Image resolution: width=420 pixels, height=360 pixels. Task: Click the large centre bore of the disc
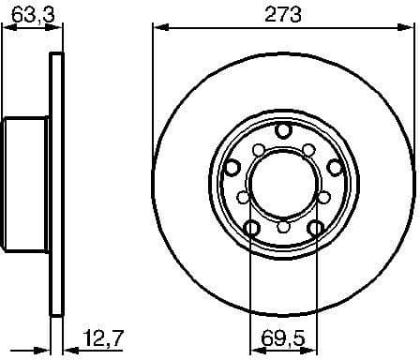click(282, 176)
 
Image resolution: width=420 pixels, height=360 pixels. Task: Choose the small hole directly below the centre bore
click(282, 226)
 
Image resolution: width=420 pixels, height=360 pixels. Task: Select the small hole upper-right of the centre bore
click(307, 148)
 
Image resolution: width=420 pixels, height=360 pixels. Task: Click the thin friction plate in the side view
click(55, 178)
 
